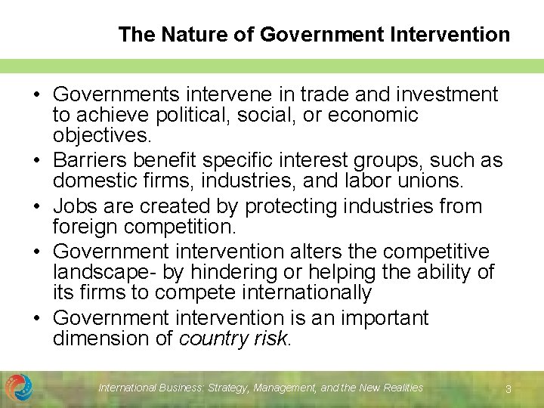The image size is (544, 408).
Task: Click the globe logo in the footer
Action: click(19, 388)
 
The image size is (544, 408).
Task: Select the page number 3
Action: click(508, 388)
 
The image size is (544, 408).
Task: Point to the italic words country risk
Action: click(233, 339)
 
